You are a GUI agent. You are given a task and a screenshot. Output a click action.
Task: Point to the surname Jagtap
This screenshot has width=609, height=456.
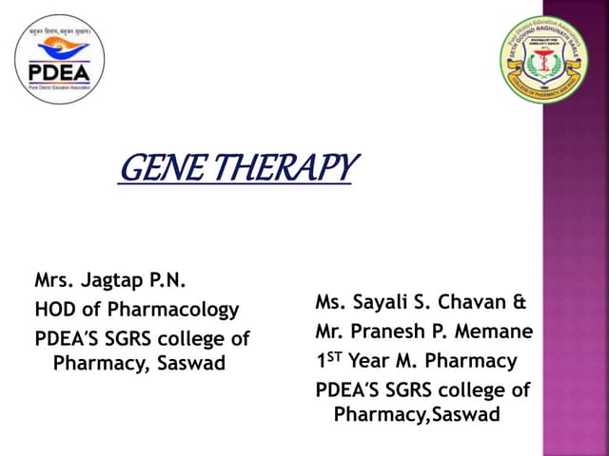117,281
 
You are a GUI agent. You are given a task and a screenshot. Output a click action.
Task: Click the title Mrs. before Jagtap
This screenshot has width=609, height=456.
53,280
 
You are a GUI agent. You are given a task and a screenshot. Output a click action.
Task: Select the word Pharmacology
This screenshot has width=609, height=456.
180,310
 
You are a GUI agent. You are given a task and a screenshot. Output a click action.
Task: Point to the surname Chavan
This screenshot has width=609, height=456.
475,303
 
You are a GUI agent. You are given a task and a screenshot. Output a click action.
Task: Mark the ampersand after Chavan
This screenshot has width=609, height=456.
520,303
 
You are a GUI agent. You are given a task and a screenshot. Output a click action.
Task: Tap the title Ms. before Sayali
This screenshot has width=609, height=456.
331,303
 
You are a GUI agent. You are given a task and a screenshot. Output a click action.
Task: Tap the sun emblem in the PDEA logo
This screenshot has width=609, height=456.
60,47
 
